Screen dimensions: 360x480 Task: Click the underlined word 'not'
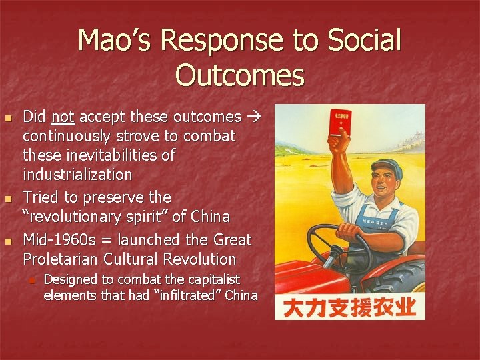(62, 117)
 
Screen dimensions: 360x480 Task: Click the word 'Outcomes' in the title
(240, 75)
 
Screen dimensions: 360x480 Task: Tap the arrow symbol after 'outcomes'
(254, 117)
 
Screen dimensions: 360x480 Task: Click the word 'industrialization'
(78, 175)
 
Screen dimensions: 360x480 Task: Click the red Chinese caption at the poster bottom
(349, 307)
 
